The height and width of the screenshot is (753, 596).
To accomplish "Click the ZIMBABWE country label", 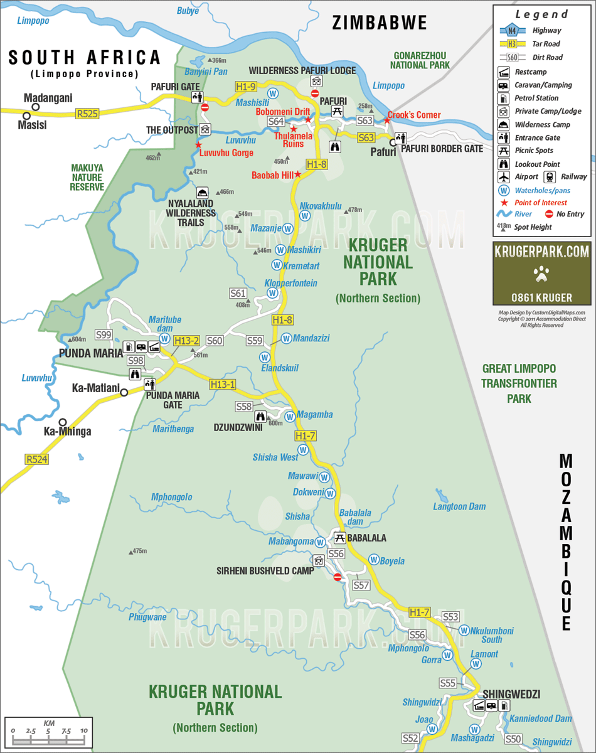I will (380, 23).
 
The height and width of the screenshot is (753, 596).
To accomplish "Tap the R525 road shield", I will (87, 114).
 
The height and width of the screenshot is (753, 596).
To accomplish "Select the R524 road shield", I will (36, 459).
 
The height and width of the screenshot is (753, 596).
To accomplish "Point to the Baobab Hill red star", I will (298, 175).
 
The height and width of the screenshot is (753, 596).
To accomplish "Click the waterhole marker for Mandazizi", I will (286, 338).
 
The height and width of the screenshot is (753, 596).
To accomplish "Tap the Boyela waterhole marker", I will (373, 560).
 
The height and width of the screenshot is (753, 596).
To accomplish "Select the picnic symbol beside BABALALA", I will (339, 538).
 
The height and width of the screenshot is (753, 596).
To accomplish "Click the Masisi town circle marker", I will (26, 116).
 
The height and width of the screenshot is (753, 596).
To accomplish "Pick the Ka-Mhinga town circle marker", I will (63, 422).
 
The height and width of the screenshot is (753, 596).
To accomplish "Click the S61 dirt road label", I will (238, 293).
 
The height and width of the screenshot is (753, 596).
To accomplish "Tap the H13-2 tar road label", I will (186, 341).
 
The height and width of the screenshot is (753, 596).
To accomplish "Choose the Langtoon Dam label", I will (459, 506).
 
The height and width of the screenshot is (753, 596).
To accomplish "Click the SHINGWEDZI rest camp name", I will (511, 694).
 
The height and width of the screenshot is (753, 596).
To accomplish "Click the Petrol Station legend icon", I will (503, 99).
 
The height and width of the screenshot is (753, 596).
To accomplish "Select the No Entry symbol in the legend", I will (549, 214).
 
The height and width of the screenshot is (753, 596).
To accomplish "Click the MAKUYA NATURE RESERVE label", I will (87, 177).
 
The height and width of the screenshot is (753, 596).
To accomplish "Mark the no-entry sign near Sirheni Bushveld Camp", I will (338, 577).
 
